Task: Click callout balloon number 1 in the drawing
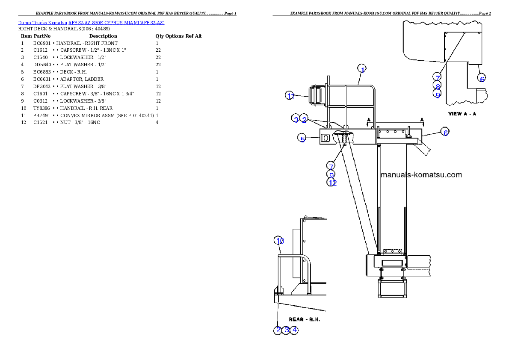coord(361,69)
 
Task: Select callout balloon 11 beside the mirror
coord(290,95)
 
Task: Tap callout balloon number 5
coord(302,138)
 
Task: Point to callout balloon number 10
coord(279,241)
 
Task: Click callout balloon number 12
coord(332,183)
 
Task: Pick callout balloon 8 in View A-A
coord(437,86)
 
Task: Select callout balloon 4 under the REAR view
coord(294,330)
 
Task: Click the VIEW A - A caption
coord(462,114)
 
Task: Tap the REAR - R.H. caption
coord(305,319)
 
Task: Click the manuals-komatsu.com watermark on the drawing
coord(421,174)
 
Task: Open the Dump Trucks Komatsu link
coord(42,23)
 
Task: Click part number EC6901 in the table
coord(42,43)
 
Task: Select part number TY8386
coord(41,108)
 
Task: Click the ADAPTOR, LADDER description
coord(82,79)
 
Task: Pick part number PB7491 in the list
coord(41,115)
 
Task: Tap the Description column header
coord(103,36)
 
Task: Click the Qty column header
coord(160,36)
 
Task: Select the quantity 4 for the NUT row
coord(157,123)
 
